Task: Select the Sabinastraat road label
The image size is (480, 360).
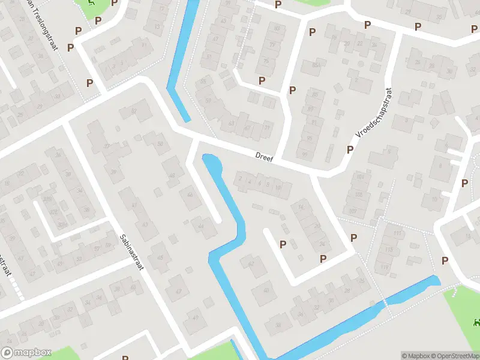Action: click(x=131, y=253)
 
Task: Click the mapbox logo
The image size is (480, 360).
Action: click(x=26, y=352)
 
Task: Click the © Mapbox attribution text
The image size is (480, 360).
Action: click(x=415, y=356)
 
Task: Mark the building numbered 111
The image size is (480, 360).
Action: click(x=396, y=233)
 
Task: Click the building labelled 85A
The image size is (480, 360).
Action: click(x=315, y=65)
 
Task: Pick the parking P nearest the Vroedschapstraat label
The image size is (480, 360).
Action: click(x=350, y=149)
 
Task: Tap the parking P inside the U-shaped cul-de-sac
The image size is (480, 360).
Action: click(x=283, y=244)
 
